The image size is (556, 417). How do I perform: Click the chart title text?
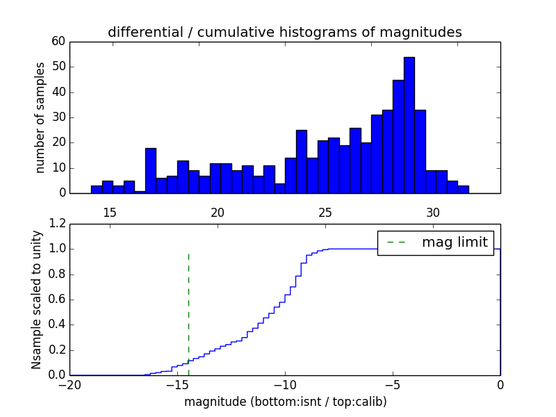click(x=285, y=32)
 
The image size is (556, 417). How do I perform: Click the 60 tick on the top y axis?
click(x=58, y=42)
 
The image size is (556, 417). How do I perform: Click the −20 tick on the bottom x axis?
click(x=69, y=384)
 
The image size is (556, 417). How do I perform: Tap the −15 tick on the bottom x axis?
click(x=177, y=384)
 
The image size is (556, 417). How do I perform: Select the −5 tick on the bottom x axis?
click(x=393, y=384)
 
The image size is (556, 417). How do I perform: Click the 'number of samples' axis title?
click(x=40, y=117)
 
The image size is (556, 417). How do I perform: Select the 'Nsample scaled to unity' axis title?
click(x=38, y=300)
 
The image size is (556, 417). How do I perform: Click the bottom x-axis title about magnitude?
click(x=285, y=402)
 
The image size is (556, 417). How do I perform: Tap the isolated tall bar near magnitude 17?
click(x=150, y=170)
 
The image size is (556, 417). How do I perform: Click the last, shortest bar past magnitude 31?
click(x=463, y=189)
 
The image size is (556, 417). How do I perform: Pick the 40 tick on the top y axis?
click(x=58, y=92)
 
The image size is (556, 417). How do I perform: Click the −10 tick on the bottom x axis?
click(x=285, y=384)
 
